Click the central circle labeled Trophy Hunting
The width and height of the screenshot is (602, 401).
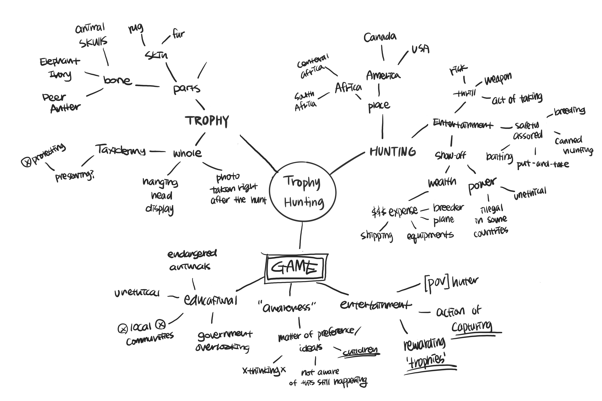[x=302, y=192]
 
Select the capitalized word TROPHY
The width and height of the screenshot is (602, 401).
[x=207, y=121]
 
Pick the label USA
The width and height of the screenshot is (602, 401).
[x=420, y=49]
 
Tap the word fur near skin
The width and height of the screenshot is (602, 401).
[x=178, y=34]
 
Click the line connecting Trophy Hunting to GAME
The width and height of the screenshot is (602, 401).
[x=301, y=235]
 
